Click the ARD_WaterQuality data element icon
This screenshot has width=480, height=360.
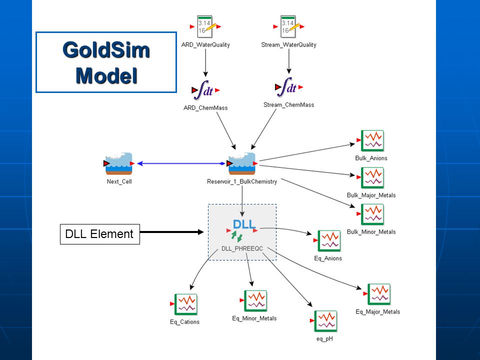point(205,26)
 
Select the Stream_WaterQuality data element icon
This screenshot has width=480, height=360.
point(288,26)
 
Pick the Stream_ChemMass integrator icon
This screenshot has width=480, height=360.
point(288,87)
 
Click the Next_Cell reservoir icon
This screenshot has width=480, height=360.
point(119,163)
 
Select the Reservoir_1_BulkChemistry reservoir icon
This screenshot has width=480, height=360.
point(242,163)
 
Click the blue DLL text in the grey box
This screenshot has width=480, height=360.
point(244,224)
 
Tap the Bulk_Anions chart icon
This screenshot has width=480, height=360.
point(372,141)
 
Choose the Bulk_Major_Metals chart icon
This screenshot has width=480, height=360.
point(372,178)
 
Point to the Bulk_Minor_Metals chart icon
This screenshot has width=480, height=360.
point(372,214)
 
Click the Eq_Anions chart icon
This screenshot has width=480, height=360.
point(329,241)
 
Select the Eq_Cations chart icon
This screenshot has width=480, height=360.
point(185,304)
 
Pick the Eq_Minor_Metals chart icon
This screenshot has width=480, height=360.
point(255,301)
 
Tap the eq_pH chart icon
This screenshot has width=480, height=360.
point(325,321)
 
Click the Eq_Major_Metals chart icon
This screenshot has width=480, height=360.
point(378,294)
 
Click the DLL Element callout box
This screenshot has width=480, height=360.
point(100,234)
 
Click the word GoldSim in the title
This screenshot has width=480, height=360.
point(106,50)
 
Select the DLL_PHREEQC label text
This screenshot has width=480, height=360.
point(242,248)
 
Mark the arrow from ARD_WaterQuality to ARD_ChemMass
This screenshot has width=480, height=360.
point(205,63)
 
